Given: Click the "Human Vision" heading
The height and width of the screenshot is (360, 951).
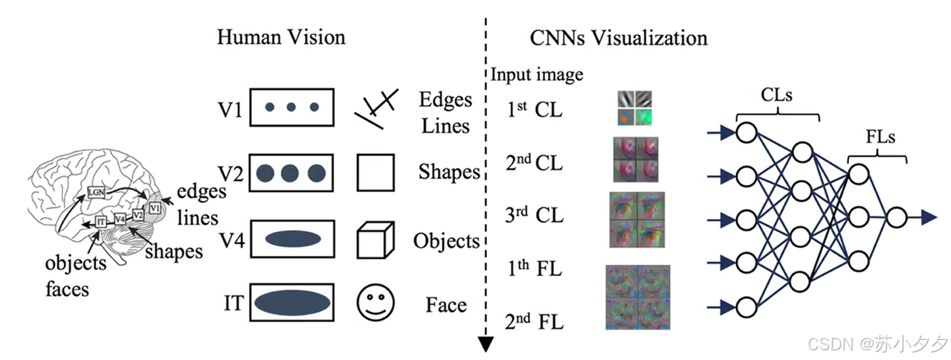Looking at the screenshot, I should [281, 38].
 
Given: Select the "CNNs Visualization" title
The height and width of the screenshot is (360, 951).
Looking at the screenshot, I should [619, 38].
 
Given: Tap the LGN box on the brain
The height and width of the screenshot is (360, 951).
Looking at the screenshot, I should [96, 192].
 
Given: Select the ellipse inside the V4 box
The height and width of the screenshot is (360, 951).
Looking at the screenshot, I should [291, 239].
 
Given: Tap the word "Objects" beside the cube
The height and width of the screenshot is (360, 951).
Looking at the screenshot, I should [447, 241].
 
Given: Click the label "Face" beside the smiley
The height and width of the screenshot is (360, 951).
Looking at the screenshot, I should [446, 305].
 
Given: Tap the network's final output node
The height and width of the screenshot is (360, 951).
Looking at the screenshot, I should [897, 218].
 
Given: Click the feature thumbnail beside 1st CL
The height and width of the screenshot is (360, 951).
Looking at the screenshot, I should [634, 108].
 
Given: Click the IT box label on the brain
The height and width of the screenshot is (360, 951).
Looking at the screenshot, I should [101, 221].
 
